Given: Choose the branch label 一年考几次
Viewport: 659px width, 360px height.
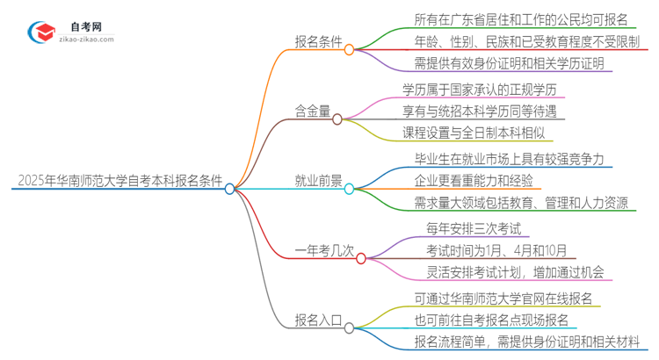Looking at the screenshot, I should click(x=324, y=250).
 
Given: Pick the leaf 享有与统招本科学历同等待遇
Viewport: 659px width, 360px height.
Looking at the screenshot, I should click(x=484, y=112).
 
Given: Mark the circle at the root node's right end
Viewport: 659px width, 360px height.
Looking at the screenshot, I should click(x=230, y=189).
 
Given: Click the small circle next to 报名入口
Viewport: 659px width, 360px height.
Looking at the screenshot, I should click(x=350, y=328).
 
